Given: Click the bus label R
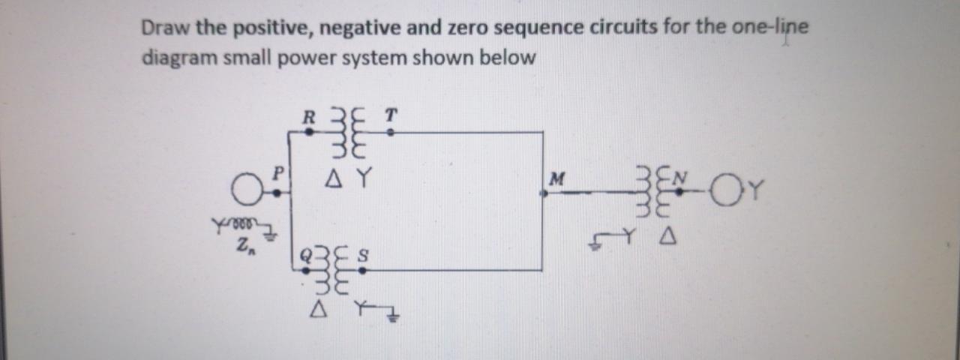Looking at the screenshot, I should point(306,117).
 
